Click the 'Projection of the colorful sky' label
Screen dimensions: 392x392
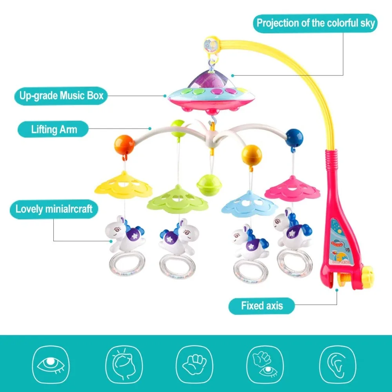click(x=315, y=23)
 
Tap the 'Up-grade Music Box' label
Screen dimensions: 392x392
click(x=61, y=96)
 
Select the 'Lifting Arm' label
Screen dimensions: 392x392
click(x=53, y=129)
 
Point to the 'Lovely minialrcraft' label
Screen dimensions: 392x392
click(x=54, y=209)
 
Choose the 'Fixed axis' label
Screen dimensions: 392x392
click(x=261, y=306)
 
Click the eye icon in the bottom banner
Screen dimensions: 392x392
click(x=51, y=365)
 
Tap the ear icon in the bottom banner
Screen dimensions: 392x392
click(x=338, y=365)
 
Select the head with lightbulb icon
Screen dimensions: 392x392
click(x=124, y=365)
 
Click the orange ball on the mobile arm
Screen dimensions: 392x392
click(x=124, y=145)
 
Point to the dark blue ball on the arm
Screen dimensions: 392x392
click(x=294, y=138)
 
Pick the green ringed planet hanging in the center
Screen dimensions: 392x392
click(x=209, y=185)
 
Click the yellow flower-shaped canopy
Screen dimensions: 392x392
click(x=123, y=185)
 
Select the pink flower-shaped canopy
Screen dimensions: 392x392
click(x=292, y=189)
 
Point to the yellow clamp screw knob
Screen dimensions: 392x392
click(x=367, y=274)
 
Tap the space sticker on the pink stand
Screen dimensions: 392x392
click(x=341, y=242)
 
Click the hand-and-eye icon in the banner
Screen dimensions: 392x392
click(x=265, y=365)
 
